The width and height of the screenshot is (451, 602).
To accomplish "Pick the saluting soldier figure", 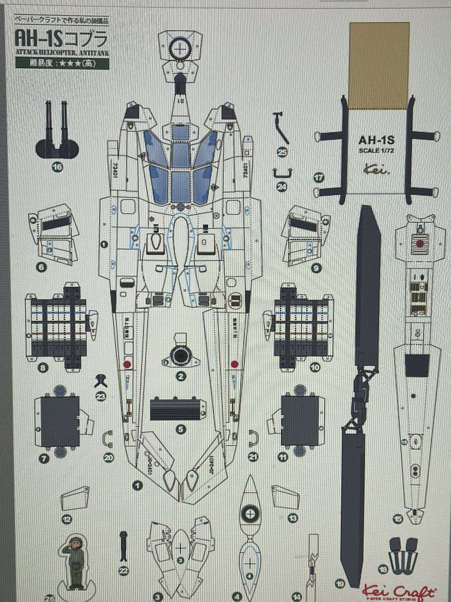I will tap(76, 562).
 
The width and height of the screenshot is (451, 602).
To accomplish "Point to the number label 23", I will tap(101, 396).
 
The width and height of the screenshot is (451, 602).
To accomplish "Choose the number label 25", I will tap(282, 153).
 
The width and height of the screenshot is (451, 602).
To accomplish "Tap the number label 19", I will tap(341, 583).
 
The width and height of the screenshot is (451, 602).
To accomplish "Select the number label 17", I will tap(317, 178).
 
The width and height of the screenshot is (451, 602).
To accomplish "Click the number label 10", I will tap(315, 368).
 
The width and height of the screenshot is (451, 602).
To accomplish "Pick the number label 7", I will tap(44, 458).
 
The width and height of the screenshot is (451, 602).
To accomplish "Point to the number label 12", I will tap(67, 519).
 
